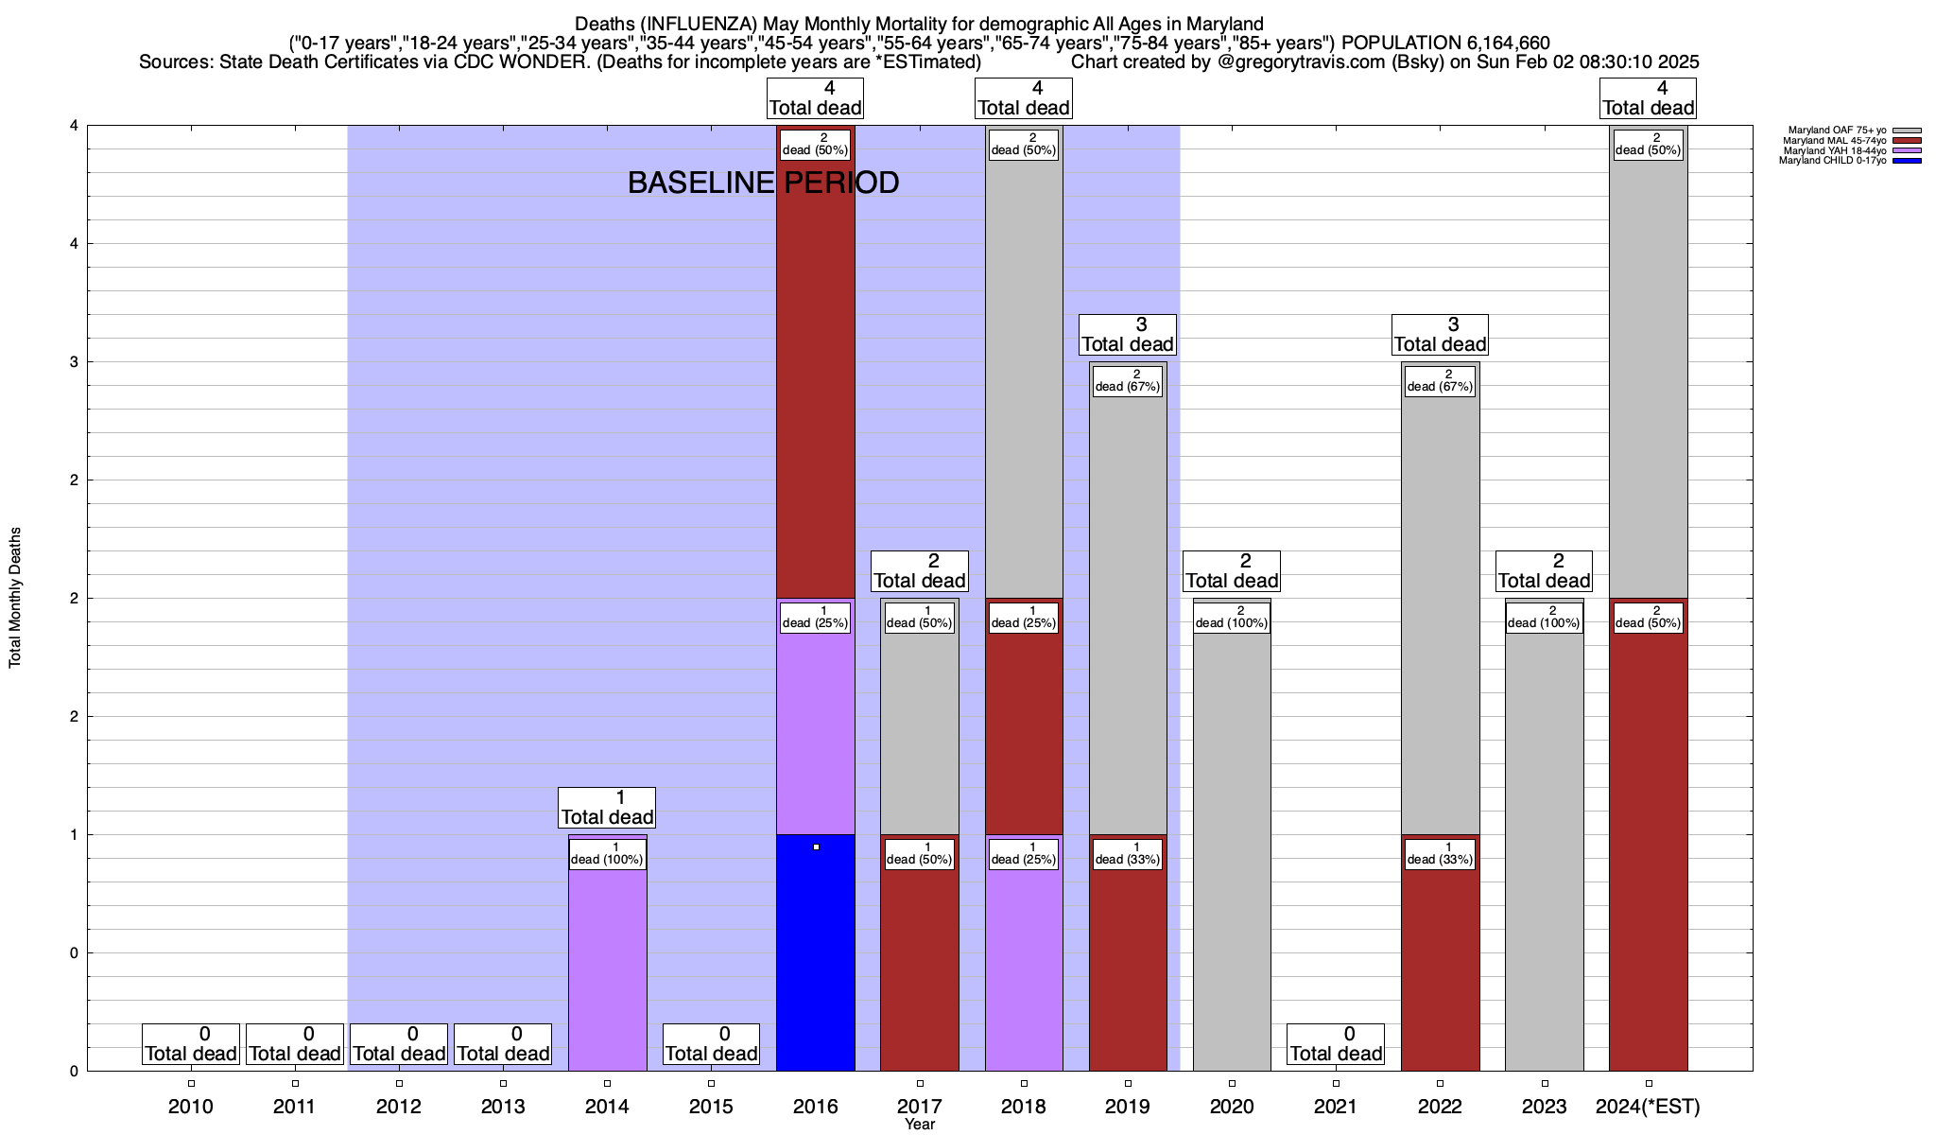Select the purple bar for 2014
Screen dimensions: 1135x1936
point(607,974)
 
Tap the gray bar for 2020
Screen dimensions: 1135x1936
point(1232,851)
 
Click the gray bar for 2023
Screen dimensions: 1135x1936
point(1544,851)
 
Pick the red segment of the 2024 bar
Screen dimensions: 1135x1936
point(1648,851)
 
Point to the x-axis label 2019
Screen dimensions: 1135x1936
point(1128,1106)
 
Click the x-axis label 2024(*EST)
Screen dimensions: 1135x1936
point(1648,1106)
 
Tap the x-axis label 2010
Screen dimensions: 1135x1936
point(191,1106)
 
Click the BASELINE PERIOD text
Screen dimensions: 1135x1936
point(763,183)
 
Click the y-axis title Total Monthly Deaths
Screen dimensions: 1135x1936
point(15,598)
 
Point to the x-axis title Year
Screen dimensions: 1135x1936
point(919,1125)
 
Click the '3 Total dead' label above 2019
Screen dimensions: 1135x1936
point(1127,335)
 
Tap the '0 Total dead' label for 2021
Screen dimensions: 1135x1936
point(1336,1044)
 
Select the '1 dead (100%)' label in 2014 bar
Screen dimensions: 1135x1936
point(607,853)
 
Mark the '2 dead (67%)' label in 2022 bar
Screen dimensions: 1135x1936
point(1440,380)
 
